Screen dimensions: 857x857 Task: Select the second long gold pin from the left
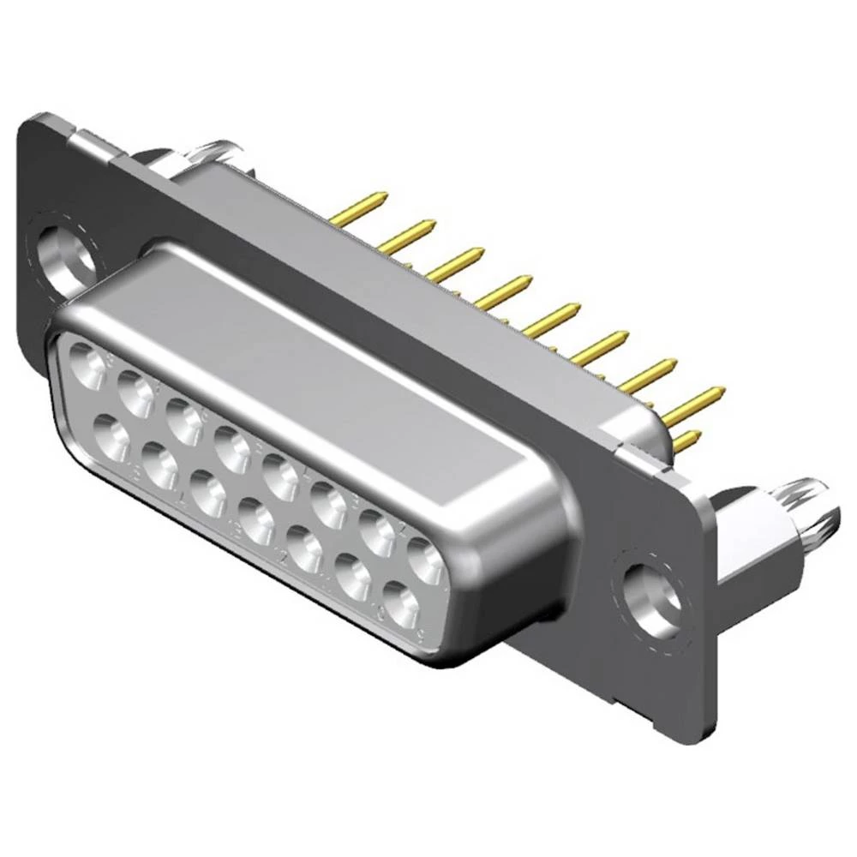(x=407, y=237)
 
